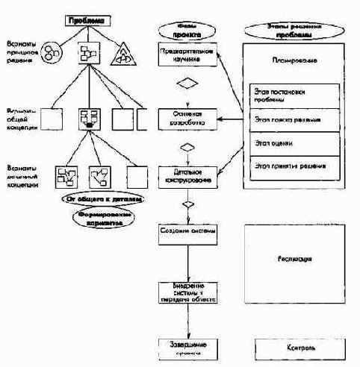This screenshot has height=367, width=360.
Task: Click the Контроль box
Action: pyautogui.click(x=297, y=348)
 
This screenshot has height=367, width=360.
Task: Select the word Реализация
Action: pyautogui.click(x=297, y=260)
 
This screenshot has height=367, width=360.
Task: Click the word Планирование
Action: pyautogui.click(x=297, y=64)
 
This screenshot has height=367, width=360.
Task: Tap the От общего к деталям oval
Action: pyautogui.click(x=104, y=201)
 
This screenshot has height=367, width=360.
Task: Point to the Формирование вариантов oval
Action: pyautogui.click(x=104, y=217)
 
